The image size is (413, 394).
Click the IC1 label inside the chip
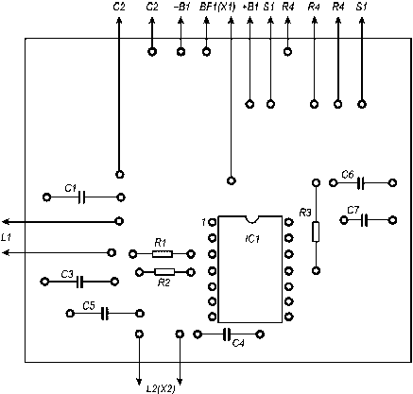[252, 239]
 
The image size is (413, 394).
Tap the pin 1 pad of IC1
[213, 223]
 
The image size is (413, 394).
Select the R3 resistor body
[316, 231]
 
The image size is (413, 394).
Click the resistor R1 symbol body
[163, 253]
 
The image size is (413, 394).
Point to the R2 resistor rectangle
[164, 272]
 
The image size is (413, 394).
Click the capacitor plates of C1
[81, 197]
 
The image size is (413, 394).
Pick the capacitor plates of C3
[80, 282]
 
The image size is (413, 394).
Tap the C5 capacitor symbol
[105, 314]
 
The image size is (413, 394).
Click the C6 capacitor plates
[361, 182]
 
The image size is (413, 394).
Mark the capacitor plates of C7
[365, 220]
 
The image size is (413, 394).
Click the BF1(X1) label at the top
[217, 7]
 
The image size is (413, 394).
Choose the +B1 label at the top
[251, 7]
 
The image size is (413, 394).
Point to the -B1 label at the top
[182, 7]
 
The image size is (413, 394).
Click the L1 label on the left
[6, 238]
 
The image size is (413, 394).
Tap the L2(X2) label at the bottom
[161, 388]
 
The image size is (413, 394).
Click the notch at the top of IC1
[251, 219]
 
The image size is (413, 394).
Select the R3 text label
[305, 214]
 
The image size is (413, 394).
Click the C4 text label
[238, 343]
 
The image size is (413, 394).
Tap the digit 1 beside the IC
[204, 222]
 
